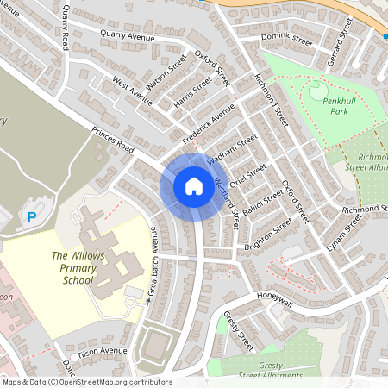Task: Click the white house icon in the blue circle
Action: point(193,186)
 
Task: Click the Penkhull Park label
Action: point(329,107)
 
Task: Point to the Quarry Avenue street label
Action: point(127,36)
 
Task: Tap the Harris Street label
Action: point(191,94)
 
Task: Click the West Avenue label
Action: point(133,92)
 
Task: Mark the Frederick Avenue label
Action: point(209,124)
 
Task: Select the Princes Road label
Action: point(112,141)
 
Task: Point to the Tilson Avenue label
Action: point(102,352)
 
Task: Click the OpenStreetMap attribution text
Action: point(86,382)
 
